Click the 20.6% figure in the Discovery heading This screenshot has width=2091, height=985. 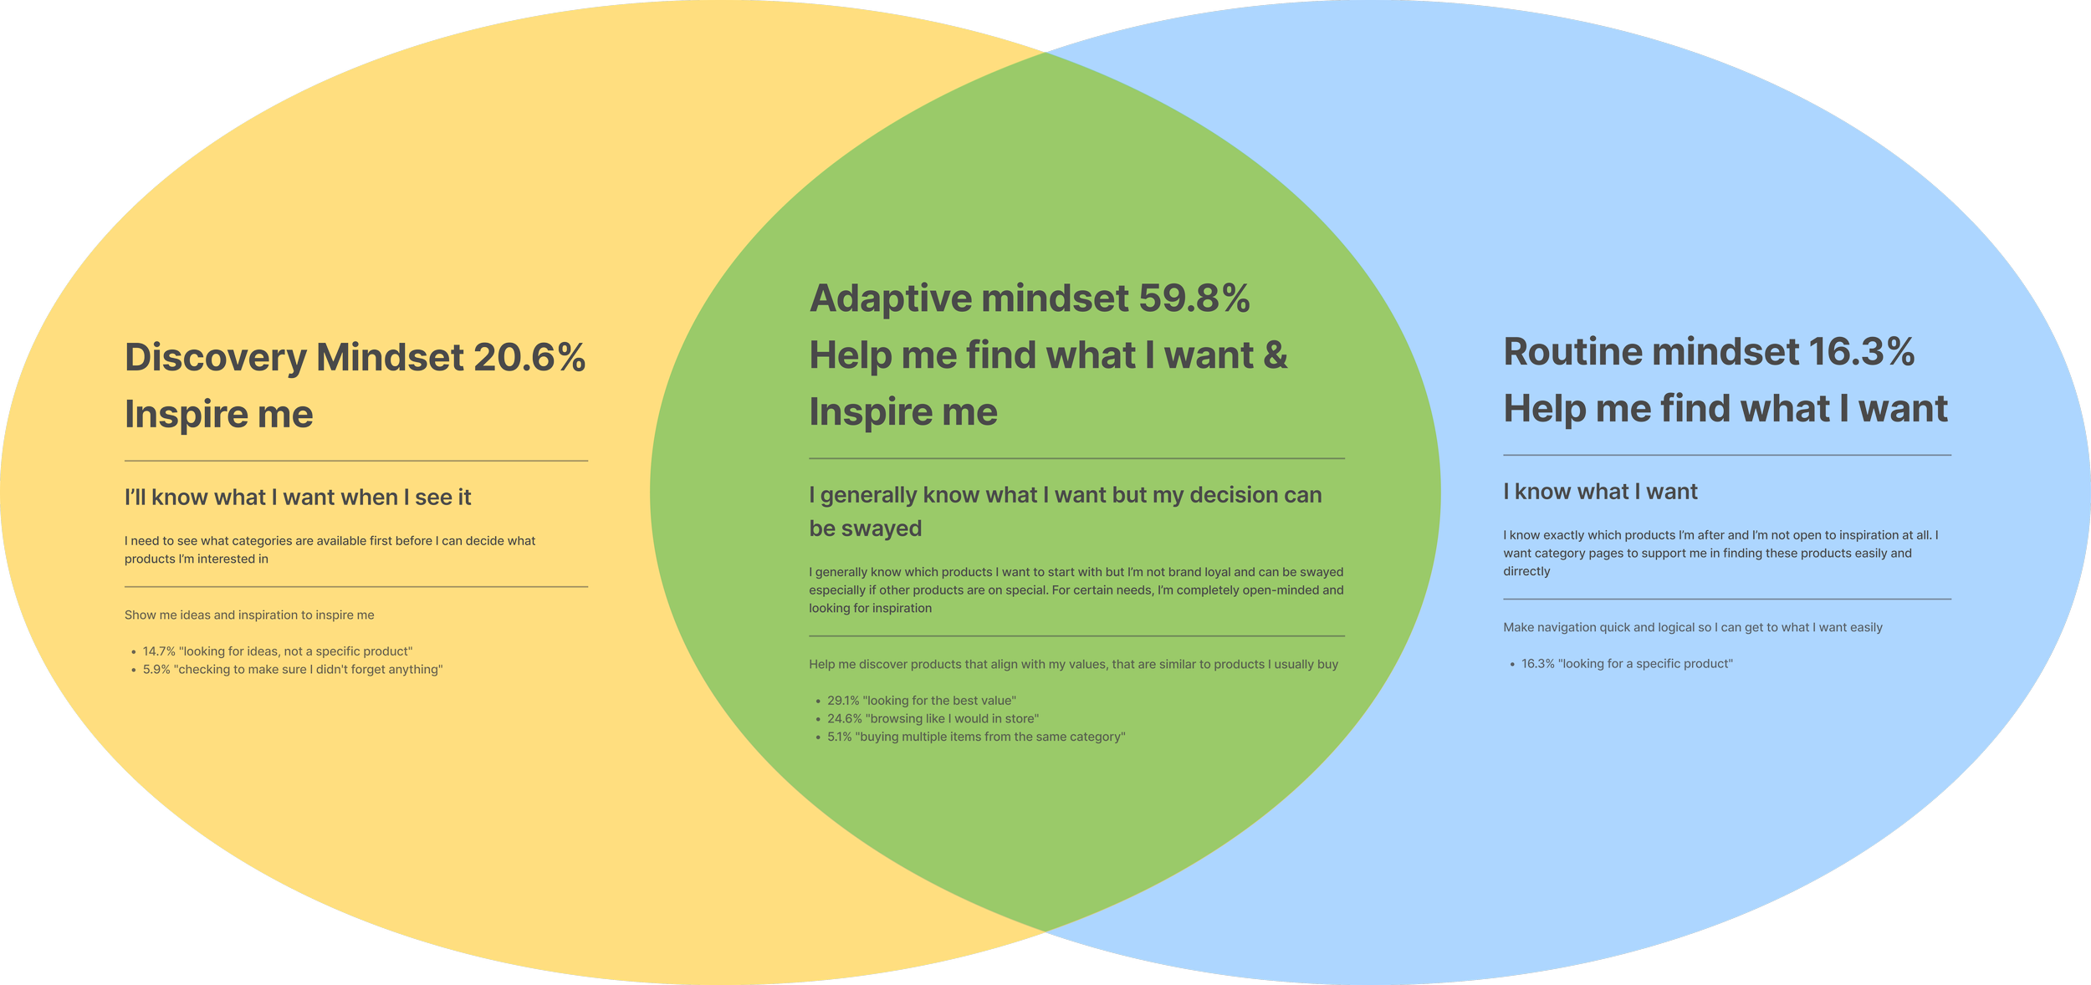point(529,357)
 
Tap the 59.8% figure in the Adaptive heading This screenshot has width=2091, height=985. point(1194,299)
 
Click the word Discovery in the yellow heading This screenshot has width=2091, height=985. point(216,357)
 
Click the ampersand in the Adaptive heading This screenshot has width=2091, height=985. point(1275,355)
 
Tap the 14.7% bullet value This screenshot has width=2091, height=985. point(159,651)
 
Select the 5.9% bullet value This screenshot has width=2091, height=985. point(156,670)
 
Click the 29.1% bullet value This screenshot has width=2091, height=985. point(843,701)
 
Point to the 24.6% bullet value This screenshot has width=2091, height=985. point(845,719)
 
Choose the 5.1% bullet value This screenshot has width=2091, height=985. point(840,737)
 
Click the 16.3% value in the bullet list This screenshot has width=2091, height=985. point(1537,664)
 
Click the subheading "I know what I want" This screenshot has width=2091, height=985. point(1600,492)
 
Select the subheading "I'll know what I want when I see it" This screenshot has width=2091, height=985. point(298,498)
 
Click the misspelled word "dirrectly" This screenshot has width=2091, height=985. point(1526,572)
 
